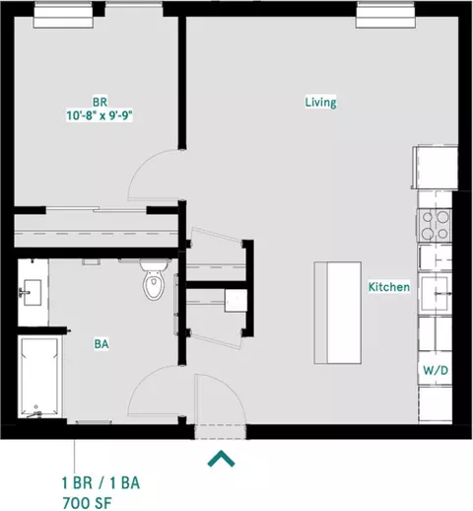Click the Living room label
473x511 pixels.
pyautogui.click(x=320, y=103)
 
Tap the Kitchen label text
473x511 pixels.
pyautogui.click(x=389, y=287)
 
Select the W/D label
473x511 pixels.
pyautogui.click(x=436, y=371)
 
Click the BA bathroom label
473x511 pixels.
pyautogui.click(x=101, y=344)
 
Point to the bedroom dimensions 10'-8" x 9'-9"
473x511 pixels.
pyautogui.click(x=100, y=115)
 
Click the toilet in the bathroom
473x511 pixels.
pyautogui.click(x=154, y=280)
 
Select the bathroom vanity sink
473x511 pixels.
pyautogui.click(x=32, y=292)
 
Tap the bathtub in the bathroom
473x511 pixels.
pyautogui.click(x=40, y=377)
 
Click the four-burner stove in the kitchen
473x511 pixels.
pyautogui.click(x=435, y=225)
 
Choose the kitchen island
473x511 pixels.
pyautogui.click(x=338, y=313)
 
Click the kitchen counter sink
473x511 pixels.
pyautogui.click(x=435, y=293)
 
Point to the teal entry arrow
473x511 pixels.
pyautogui.click(x=221, y=459)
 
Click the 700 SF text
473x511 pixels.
pyautogui.click(x=87, y=503)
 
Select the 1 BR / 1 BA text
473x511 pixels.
pyautogui.click(x=101, y=483)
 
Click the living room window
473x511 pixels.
pyautogui.click(x=385, y=15)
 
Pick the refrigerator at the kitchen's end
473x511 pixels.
pyautogui.click(x=435, y=168)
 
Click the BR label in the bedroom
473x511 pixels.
pyautogui.click(x=100, y=103)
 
